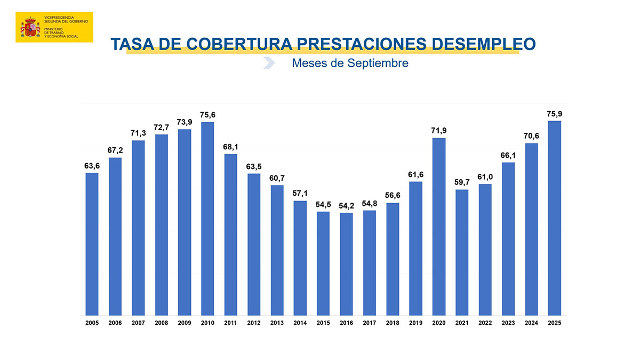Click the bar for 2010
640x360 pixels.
coord(207,219)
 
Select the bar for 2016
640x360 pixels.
coord(346,264)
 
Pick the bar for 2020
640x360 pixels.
coord(439,227)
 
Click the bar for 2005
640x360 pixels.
coord(92,244)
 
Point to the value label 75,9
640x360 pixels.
coord(554,114)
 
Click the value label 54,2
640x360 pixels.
coord(346,205)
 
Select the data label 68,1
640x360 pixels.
coord(230,147)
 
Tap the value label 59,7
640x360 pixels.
coord(462,182)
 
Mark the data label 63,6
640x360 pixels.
coord(92,166)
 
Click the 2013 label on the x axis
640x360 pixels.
coord(277,323)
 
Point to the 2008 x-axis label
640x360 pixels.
coord(161,323)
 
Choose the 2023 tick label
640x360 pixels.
coord(508,323)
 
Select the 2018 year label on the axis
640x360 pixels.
coord(393,323)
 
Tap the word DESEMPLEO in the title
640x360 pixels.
coord(483,44)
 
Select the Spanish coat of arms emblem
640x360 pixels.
coord(30,27)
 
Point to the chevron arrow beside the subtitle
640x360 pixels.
coord(269,63)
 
